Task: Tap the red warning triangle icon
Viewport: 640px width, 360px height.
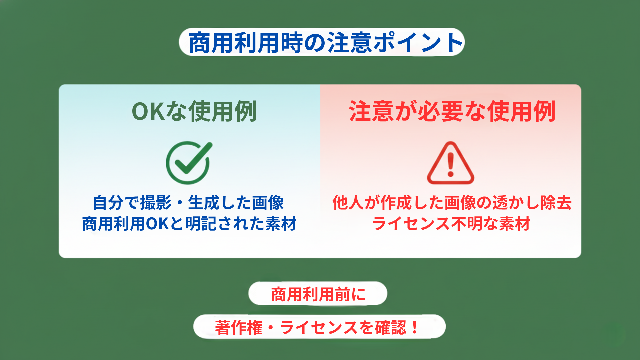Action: [451, 163]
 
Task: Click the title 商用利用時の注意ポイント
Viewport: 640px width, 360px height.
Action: [322, 42]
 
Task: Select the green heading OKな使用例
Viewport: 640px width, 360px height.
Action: [194, 111]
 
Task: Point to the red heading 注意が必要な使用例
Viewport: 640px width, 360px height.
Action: [452, 111]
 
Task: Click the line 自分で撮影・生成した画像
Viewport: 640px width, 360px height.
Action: [188, 203]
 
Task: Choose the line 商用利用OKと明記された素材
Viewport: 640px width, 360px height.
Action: [189, 223]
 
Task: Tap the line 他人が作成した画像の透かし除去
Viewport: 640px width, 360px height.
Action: [452, 203]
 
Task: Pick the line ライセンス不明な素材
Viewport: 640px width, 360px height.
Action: [451, 223]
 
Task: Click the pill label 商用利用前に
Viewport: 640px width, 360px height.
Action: [318, 294]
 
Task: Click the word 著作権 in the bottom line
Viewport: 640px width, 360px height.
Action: [239, 327]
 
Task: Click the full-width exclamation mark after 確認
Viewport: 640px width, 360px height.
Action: [415, 327]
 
